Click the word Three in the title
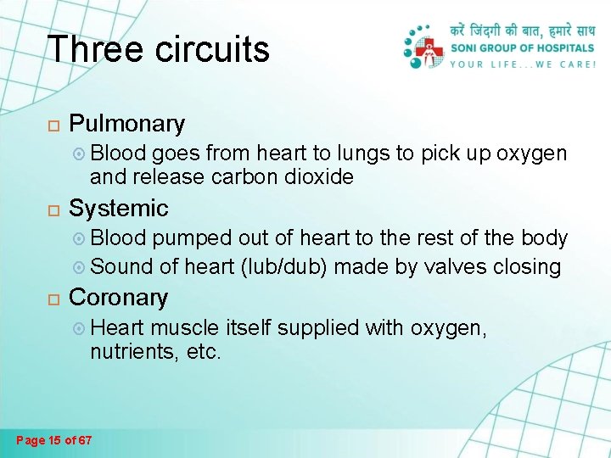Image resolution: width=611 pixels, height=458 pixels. click(96, 49)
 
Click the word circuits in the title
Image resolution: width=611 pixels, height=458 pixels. click(212, 49)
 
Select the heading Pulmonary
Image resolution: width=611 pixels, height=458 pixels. click(126, 124)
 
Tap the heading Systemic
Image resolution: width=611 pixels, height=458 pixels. click(118, 208)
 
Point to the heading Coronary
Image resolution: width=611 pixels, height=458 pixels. click(118, 298)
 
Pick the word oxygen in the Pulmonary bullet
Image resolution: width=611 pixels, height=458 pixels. click(531, 154)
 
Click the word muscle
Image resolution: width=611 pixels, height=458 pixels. click(186, 327)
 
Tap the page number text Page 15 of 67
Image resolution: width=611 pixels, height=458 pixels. click(55, 439)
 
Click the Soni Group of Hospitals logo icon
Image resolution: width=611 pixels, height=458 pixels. click(423, 47)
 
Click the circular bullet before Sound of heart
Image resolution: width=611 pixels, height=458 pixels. click(79, 267)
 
